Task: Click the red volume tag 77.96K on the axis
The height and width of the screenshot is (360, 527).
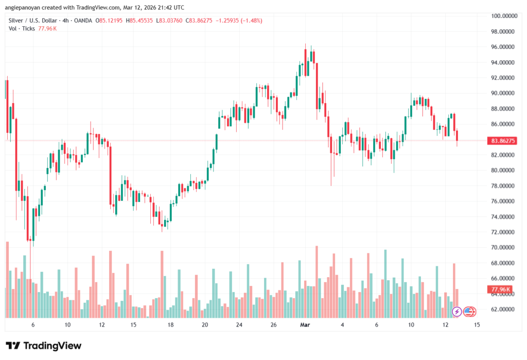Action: pyautogui.click(x=501, y=290)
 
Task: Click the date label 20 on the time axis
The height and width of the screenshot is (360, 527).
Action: pyautogui.click(x=205, y=325)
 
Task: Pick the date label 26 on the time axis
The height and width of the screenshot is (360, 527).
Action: pyautogui.click(x=273, y=325)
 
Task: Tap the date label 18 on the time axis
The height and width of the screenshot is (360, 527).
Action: pyautogui.click(x=170, y=325)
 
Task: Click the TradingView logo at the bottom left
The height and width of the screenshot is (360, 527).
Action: pyautogui.click(x=43, y=346)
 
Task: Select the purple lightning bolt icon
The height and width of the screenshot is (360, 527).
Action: pyautogui.click(x=456, y=311)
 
